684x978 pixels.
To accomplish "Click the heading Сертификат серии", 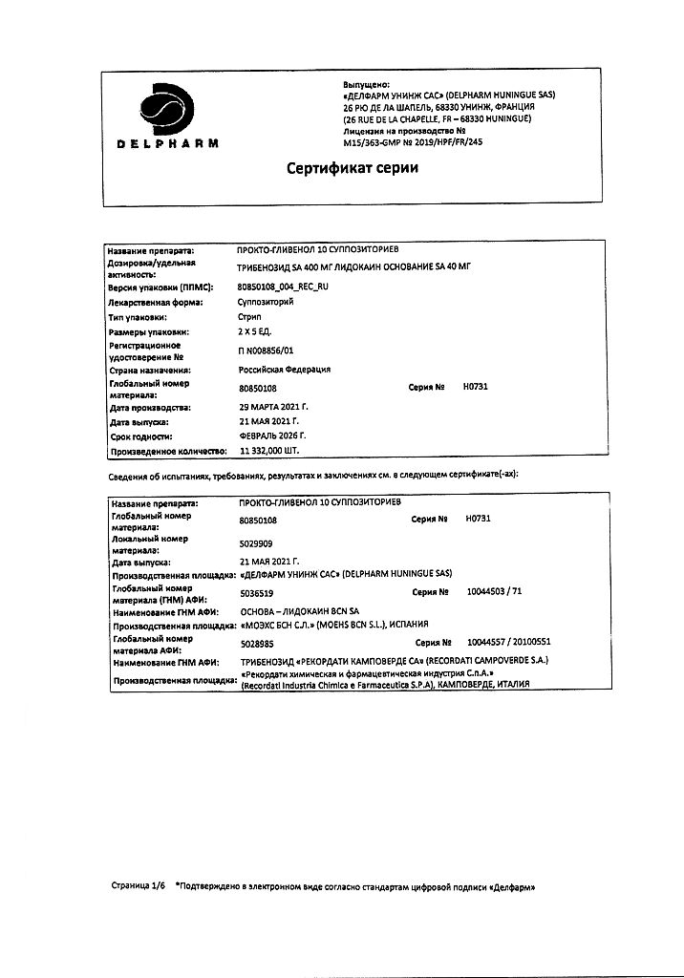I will click(x=353, y=169).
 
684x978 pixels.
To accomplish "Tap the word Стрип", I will click(x=248, y=315).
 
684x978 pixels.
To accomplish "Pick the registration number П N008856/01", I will click(x=272, y=351).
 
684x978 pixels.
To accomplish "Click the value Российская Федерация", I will click(x=284, y=370).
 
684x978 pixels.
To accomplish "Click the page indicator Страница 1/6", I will click(x=139, y=885).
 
